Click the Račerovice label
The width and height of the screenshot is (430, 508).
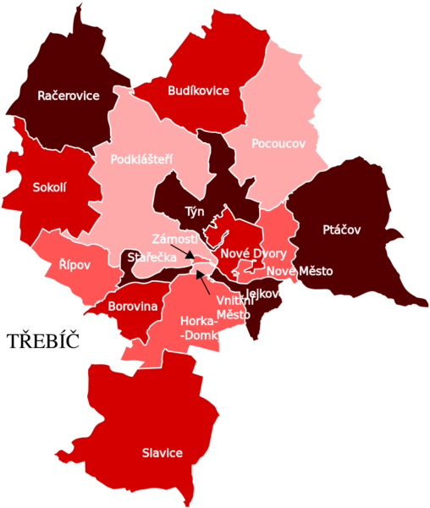click(69, 97)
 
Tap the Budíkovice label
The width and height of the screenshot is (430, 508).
click(199, 91)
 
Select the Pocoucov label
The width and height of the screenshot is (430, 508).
click(278, 144)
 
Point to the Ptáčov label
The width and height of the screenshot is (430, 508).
click(342, 229)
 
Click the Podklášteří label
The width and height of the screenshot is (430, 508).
click(142, 158)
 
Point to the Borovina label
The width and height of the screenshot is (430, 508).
click(133, 306)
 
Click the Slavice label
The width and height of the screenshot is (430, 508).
click(162, 453)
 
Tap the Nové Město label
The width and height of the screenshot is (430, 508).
click(300, 271)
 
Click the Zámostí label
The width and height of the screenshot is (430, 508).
click(175, 239)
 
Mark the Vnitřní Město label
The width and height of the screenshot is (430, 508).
click(233, 306)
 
